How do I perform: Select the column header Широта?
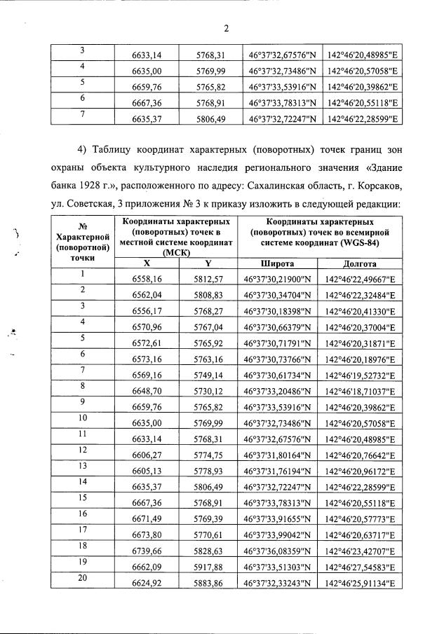click(x=277, y=263)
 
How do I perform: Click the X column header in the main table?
click(x=147, y=263)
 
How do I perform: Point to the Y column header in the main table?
click(x=208, y=263)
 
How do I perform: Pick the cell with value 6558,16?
click(x=147, y=279)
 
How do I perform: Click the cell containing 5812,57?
click(x=208, y=279)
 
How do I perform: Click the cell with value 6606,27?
click(x=147, y=456)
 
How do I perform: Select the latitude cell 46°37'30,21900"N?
click(x=277, y=279)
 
